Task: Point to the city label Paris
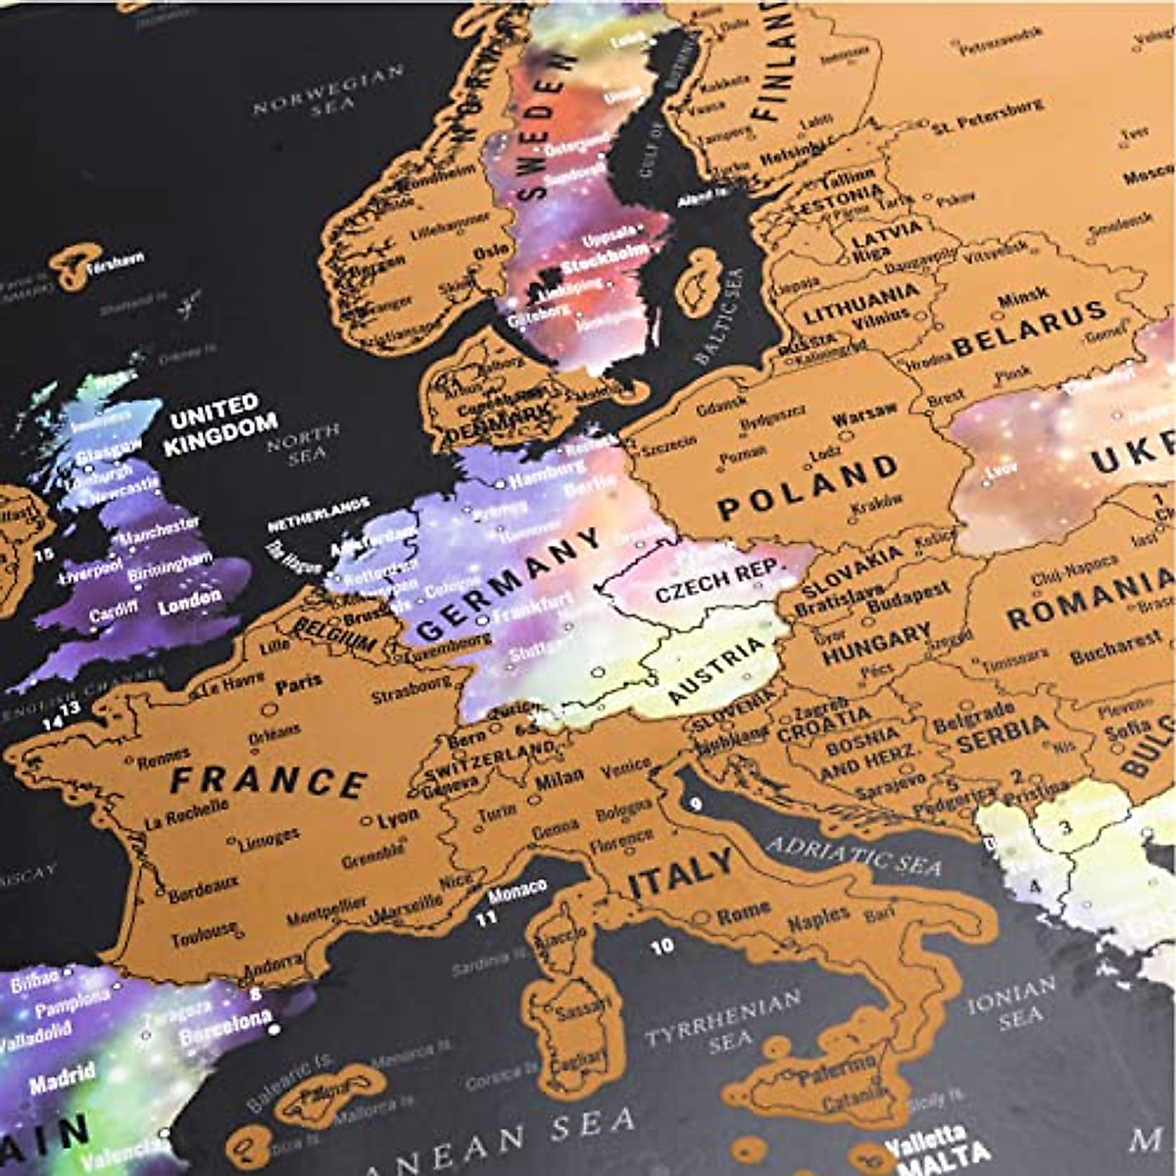coord(299,685)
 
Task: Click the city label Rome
coord(744,913)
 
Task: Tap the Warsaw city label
coord(863,416)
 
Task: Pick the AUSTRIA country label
coord(716,670)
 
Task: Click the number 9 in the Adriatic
coord(695,805)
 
